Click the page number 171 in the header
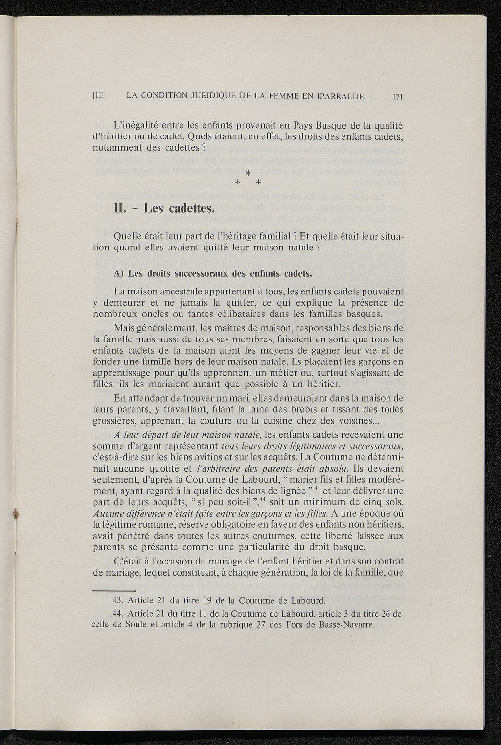click(x=397, y=96)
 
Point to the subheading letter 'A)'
click(x=119, y=273)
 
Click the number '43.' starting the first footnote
click(x=119, y=600)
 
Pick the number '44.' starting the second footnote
click(x=119, y=614)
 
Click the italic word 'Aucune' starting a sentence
click(x=108, y=513)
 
